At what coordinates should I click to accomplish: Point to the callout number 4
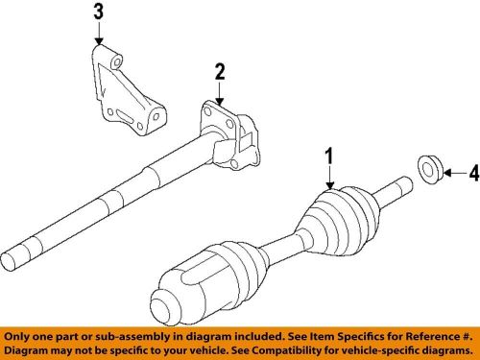[x=472, y=174]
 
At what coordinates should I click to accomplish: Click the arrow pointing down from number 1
[x=328, y=178]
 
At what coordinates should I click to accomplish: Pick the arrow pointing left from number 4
[x=450, y=174]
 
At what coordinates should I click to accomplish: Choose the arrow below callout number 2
[x=219, y=93]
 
